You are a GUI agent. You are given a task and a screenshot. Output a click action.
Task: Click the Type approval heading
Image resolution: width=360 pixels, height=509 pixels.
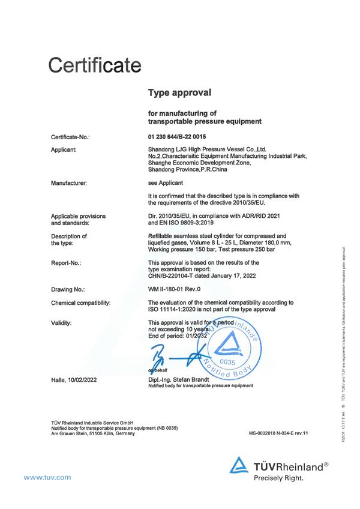coord(179,94)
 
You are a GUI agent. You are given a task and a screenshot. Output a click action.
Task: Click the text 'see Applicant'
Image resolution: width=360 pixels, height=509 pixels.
coord(165,181)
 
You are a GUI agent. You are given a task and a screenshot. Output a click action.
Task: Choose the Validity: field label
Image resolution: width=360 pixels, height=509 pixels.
coord(62,323)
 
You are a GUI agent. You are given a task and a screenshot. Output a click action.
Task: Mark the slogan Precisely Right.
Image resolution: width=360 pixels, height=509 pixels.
coord(278,478)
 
